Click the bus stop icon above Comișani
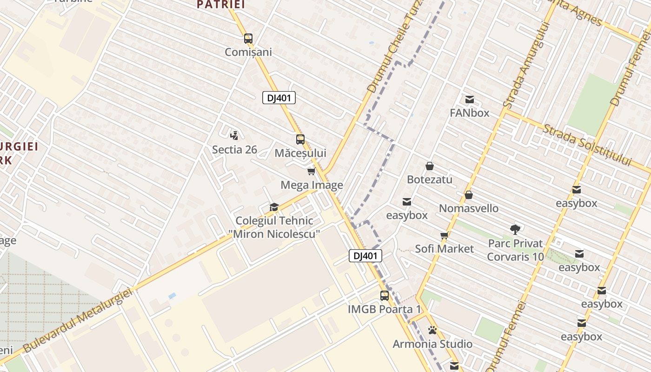[x=248, y=39]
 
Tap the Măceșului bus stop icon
[x=300, y=139]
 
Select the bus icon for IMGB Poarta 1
[x=385, y=295]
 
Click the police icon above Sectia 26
[x=234, y=135]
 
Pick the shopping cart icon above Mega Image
[x=311, y=172]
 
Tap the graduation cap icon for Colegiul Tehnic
[x=274, y=207]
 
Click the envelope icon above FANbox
[x=469, y=99]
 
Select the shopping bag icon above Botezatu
[x=430, y=166]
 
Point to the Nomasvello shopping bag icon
[x=468, y=195]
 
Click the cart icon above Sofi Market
[x=444, y=235]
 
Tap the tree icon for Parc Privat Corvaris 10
[x=515, y=229]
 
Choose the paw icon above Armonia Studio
[x=432, y=331]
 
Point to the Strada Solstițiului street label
[x=587, y=145]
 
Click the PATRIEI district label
[x=220, y=4]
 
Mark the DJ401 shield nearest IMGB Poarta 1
[x=365, y=255]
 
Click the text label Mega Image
[x=312, y=185]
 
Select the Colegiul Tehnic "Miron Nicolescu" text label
[x=274, y=227]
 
